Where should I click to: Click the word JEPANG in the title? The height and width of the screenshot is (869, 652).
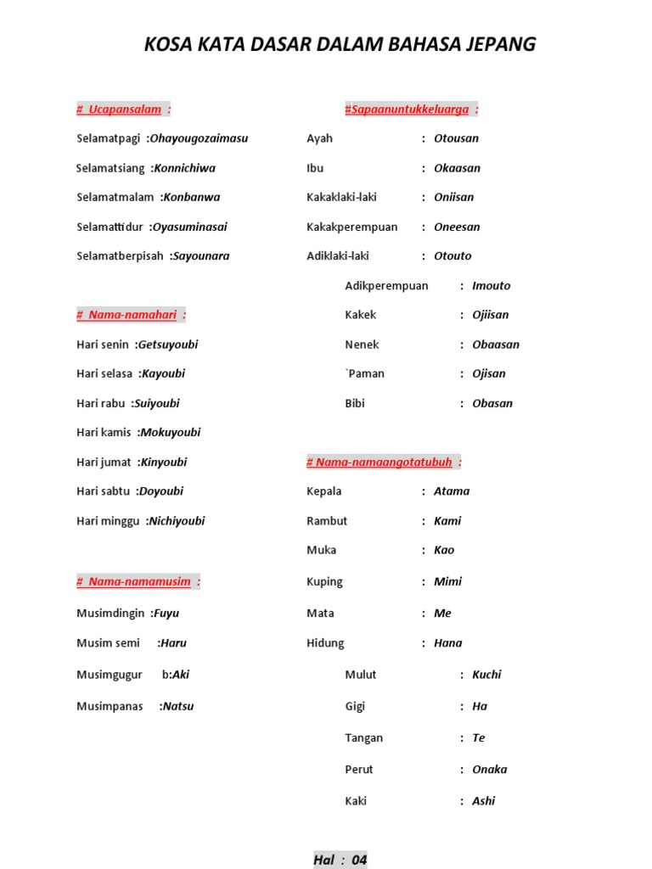click(499, 44)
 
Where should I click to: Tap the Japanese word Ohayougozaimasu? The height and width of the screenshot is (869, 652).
click(199, 138)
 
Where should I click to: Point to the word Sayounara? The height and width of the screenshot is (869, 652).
click(201, 255)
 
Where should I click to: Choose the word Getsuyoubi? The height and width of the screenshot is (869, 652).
click(168, 345)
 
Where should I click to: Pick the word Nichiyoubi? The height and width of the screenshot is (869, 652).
click(177, 521)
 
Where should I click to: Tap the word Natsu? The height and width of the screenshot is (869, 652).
click(178, 706)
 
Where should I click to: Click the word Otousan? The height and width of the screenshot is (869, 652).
click(456, 138)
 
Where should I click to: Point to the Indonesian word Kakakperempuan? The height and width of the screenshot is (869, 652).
click(352, 227)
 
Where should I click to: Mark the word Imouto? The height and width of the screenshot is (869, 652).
click(492, 286)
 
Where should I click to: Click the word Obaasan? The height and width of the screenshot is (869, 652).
click(496, 345)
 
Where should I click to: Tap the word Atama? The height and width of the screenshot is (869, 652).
click(452, 491)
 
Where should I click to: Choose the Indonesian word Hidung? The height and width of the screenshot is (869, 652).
click(325, 643)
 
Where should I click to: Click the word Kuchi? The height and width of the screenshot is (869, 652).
click(486, 675)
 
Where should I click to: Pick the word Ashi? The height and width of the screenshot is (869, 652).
click(484, 801)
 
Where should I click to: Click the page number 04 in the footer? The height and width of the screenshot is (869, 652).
click(359, 860)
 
